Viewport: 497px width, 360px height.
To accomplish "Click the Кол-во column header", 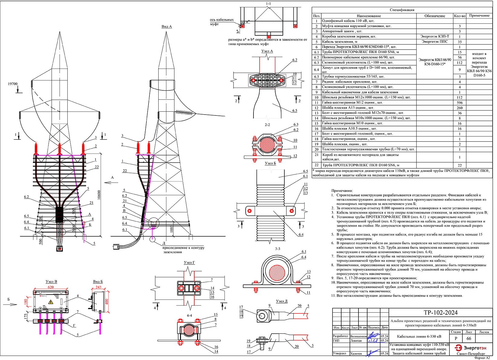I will tap(459, 16).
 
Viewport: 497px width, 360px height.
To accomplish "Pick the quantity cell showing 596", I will tap(459, 103).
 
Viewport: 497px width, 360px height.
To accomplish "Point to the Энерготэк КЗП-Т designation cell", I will tap(434, 36).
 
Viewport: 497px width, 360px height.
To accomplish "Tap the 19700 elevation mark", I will tap(13, 84).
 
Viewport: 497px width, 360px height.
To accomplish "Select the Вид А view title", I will tap(166, 27).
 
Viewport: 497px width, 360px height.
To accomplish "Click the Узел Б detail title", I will tap(270, 163).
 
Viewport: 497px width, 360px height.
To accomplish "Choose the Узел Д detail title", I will tap(282, 301).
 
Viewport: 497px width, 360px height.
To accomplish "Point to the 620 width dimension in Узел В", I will tap(51, 287).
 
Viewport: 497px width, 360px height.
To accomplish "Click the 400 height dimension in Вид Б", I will tap(106, 302).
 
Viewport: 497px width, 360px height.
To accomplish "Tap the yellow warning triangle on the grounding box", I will tap(51, 302).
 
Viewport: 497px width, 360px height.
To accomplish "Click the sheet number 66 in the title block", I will tap(469, 339).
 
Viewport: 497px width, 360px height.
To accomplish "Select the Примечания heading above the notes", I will tap(342, 191).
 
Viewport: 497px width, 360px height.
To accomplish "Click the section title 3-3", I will tap(277, 249).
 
